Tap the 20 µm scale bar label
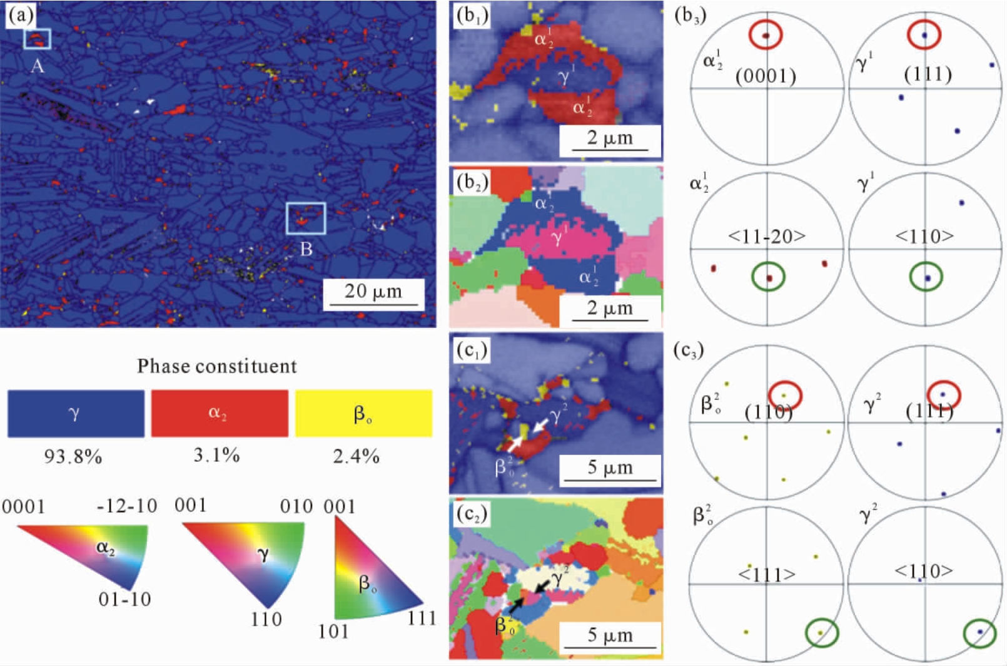pos(373,291)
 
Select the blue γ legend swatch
pos(76,413)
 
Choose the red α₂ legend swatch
pos(220,413)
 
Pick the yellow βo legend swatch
pos(363,413)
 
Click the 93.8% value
pos(73,457)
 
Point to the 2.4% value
pos(356,457)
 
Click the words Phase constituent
pos(216,366)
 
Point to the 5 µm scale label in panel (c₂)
pos(610,635)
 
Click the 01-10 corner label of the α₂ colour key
pos(124,600)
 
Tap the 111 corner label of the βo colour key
pos(422,618)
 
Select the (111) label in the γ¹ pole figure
pos(928,74)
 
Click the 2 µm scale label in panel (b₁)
pos(610,138)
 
